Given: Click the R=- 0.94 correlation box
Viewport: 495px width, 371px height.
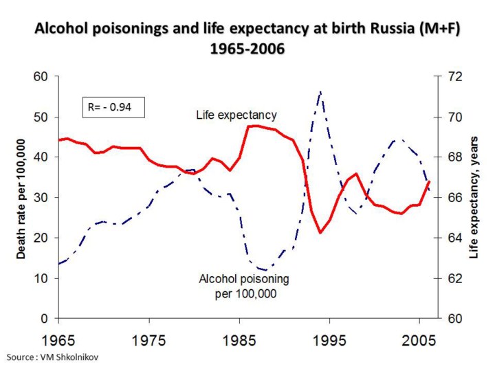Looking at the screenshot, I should point(112,106).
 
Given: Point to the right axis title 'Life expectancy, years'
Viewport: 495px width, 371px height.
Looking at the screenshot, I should point(474,197).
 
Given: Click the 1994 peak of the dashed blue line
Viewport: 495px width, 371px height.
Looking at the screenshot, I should point(320,91).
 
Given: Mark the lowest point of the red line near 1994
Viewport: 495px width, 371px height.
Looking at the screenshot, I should point(320,233).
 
